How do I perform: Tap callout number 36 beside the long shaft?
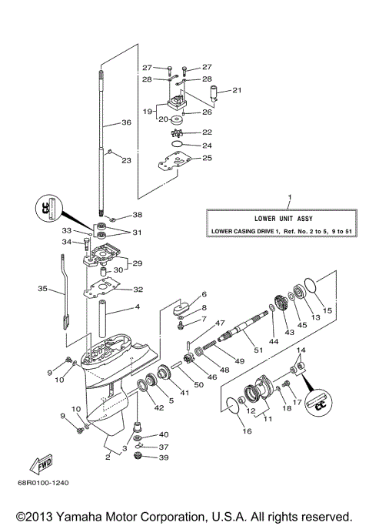126,122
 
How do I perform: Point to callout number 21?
237,91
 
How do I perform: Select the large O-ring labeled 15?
310,290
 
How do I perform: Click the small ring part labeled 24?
176,144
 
